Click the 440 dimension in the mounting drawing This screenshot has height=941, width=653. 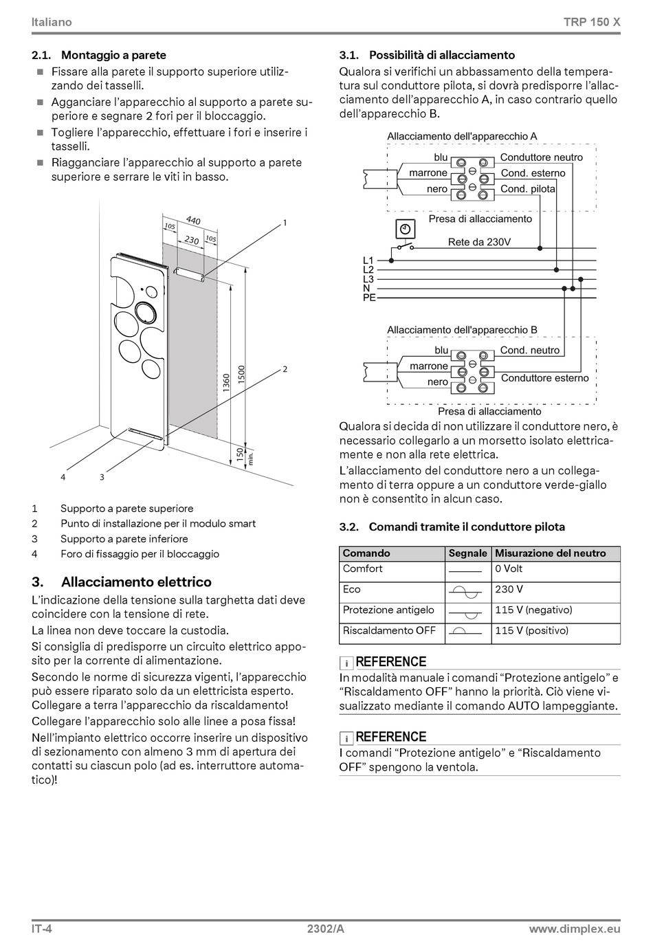click(x=193, y=221)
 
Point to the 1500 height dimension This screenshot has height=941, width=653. click(x=241, y=375)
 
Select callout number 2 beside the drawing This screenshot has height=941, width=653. click(x=285, y=369)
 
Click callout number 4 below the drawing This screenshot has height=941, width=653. click(x=63, y=476)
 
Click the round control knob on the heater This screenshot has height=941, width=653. click(x=145, y=311)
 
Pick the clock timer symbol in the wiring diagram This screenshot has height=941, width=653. click(x=405, y=228)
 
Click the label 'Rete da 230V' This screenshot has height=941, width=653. click(x=479, y=242)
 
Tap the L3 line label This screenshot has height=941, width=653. click(x=368, y=279)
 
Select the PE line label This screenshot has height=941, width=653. click(x=369, y=298)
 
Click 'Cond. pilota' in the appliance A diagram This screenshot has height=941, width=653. click(x=528, y=189)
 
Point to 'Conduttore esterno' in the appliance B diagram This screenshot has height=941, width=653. click(x=544, y=378)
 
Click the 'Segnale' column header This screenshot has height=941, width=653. click(x=467, y=553)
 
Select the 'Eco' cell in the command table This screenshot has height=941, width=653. click(x=351, y=590)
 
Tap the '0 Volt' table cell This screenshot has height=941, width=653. click(x=509, y=569)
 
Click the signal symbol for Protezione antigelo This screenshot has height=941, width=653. click(x=467, y=611)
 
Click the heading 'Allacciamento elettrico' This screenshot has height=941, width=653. click(x=136, y=582)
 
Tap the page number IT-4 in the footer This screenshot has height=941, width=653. click(x=41, y=929)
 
